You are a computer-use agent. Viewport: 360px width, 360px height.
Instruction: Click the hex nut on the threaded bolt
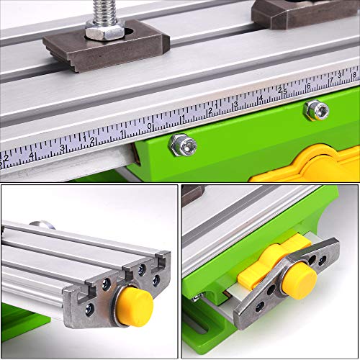click(105, 30)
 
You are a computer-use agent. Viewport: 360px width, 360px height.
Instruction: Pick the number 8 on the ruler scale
click(354, 74)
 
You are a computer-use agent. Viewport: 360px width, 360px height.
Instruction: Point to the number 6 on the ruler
click(309, 86)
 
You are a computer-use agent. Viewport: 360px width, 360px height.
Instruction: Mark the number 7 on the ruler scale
click(332, 80)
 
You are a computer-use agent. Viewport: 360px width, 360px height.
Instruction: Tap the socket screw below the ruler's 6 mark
click(315, 109)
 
